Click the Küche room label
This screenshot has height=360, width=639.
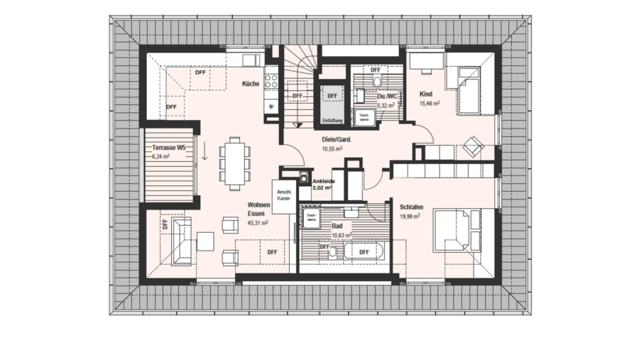(250, 84)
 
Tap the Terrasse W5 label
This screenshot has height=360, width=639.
(169, 148)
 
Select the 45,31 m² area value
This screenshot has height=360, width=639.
(257, 222)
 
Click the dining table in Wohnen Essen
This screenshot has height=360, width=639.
(234, 163)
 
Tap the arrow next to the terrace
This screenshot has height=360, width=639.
(204, 151)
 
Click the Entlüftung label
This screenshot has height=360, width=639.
(332, 121)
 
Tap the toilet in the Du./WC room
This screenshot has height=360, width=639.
(376, 82)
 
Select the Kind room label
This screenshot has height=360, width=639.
(426, 94)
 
